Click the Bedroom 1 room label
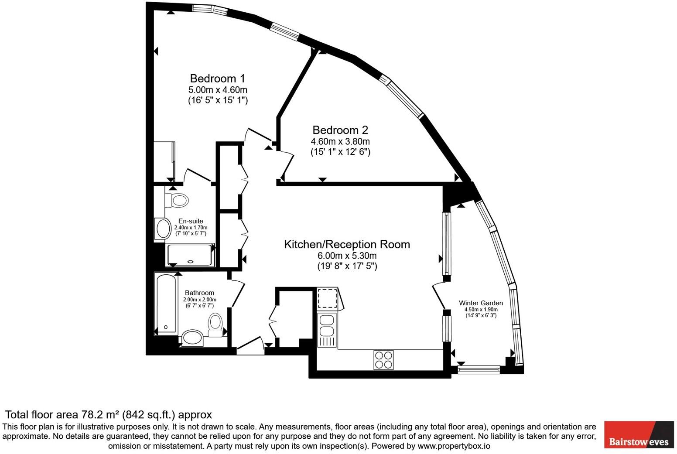217,79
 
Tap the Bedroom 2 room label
340,130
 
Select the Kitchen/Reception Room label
347,244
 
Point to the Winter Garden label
481,303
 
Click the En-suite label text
191,221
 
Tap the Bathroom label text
199,293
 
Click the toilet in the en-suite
177,200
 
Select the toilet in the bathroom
215,325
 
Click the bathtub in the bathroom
166,304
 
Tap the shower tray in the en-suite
190,255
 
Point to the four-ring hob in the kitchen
383,360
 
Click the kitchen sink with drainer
327,330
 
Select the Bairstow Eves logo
639,434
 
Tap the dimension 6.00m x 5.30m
347,256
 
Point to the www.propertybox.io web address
454,446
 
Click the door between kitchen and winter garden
440,297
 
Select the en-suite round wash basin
164,229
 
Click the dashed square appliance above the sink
327,298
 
